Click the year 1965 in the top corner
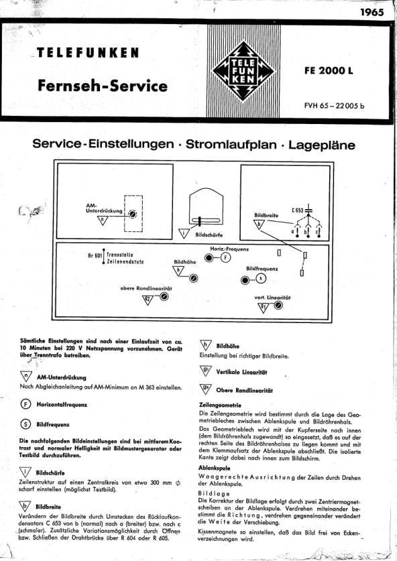372,12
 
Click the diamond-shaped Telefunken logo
243,71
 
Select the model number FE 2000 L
329,70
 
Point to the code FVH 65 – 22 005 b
335,105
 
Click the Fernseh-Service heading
103,86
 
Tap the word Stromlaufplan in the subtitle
231,144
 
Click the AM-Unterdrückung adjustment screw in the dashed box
133,214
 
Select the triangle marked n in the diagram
103,221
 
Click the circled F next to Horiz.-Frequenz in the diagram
225,257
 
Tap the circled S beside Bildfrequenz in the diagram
261,278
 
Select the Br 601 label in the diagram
95,256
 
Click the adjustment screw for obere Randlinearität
164,297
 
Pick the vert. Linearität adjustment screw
278,305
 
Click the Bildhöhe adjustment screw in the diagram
194,278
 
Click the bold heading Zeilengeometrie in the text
220,406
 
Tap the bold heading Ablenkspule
215,468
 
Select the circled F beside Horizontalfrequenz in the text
25,404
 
